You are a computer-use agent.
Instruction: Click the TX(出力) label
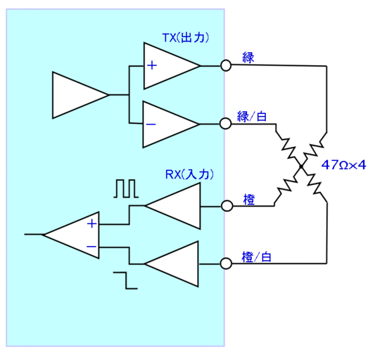[x=185, y=38]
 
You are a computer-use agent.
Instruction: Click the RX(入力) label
[x=189, y=174]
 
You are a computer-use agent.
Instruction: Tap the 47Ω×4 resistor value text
[x=344, y=165]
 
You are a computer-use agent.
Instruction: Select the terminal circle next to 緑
[x=226, y=65]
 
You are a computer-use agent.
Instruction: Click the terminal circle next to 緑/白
[x=226, y=124]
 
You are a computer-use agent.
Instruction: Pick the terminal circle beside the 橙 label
[x=227, y=206]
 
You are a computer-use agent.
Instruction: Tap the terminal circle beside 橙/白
[x=226, y=263]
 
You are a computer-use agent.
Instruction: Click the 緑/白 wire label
[x=252, y=117]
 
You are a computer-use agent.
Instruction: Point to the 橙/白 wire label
[x=256, y=257]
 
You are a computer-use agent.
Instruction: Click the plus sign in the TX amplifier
[x=152, y=65]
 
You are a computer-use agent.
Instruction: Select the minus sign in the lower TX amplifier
[x=151, y=124]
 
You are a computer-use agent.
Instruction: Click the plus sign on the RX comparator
[x=92, y=224]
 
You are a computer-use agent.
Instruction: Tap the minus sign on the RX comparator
[x=91, y=247]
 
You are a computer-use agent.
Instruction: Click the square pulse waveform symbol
[x=126, y=188]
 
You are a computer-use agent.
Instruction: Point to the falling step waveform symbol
[x=125, y=280]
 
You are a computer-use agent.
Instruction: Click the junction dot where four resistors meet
[x=301, y=166]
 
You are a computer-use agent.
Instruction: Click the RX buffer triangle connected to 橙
[x=173, y=206]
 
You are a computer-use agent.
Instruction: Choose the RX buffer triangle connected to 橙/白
[x=171, y=264]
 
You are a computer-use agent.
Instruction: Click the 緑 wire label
[x=248, y=58]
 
